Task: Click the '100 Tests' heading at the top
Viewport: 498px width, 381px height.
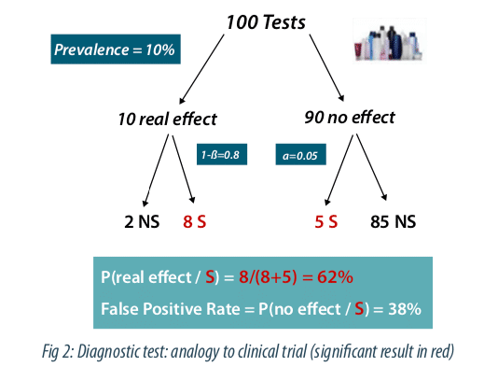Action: click(266, 22)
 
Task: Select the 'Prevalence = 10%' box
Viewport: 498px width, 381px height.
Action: click(116, 49)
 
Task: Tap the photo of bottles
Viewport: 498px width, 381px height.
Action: click(390, 41)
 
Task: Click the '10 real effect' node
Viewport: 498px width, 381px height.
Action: click(167, 120)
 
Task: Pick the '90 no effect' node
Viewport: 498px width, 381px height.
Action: click(350, 118)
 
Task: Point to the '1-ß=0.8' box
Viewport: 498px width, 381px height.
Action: click(222, 155)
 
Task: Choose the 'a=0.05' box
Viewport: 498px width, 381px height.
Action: click(300, 155)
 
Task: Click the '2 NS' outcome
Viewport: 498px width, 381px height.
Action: click(142, 221)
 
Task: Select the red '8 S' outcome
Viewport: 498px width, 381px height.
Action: click(194, 221)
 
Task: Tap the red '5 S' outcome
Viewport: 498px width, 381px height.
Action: click(325, 221)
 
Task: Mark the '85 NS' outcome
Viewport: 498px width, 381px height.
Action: click(393, 221)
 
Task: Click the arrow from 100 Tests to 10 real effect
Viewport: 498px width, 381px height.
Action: click(201, 69)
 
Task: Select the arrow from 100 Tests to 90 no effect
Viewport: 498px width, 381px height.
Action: click(326, 68)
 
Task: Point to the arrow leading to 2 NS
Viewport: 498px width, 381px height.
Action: click(156, 171)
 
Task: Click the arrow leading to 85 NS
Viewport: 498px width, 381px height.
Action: click(371, 167)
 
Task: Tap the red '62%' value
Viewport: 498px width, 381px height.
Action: click(335, 277)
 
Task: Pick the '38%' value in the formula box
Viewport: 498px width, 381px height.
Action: click(405, 308)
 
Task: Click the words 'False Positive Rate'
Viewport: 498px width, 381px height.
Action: click(171, 309)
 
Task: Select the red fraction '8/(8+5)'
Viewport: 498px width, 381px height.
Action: click(268, 277)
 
